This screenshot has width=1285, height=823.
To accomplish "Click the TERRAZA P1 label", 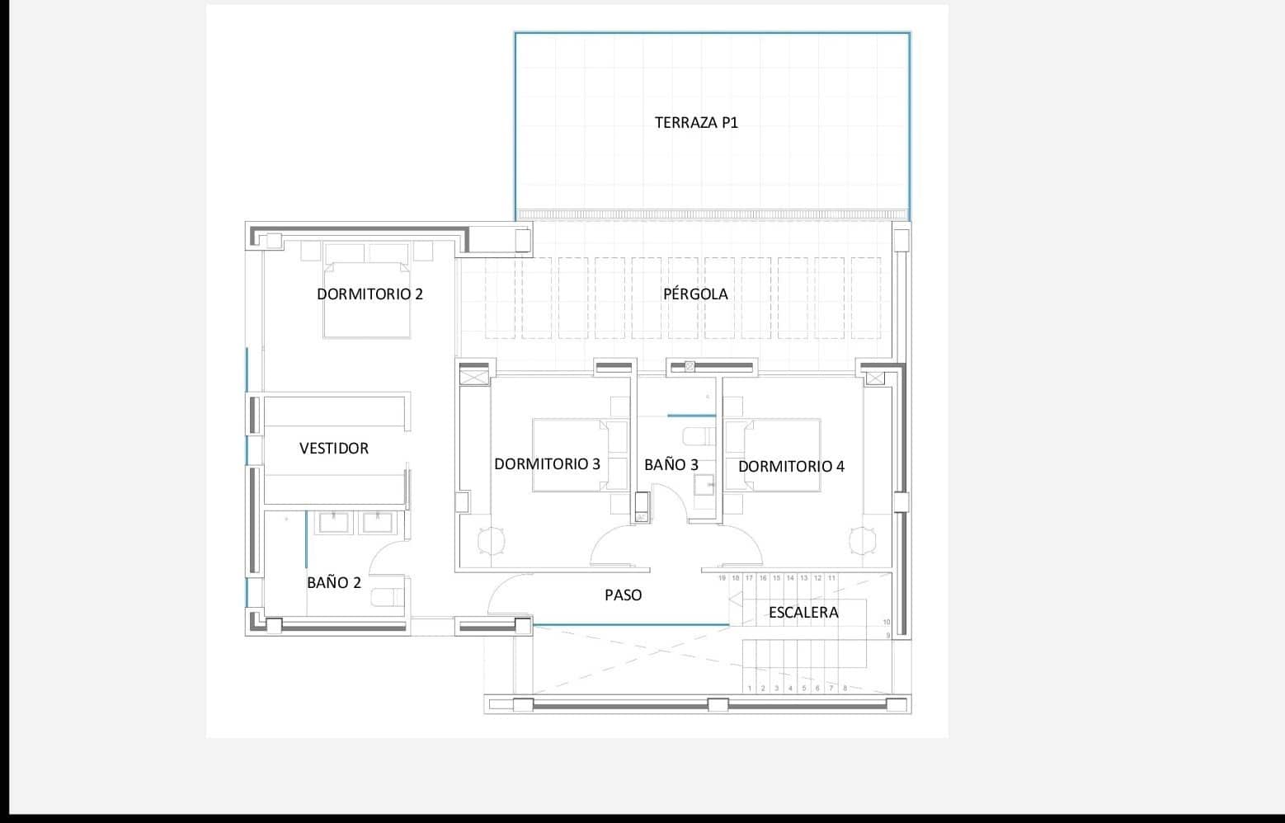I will coord(696,123).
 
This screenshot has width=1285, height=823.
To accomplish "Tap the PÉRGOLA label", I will coord(695,294).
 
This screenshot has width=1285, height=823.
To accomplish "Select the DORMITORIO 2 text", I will coord(369,294).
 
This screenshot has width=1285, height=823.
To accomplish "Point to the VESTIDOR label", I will coord(333,449).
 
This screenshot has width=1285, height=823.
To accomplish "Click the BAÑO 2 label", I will coord(333,582).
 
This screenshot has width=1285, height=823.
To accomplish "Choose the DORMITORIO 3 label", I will coord(547,463).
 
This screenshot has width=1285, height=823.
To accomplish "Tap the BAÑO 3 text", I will coord(671,464).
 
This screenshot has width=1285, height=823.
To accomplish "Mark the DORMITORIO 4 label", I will coord(791,466).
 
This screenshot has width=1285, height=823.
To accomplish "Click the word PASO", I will coord(623,595).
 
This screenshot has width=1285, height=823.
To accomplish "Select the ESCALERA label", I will coord(803,612).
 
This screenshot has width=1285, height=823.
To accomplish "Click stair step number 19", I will coord(722,578).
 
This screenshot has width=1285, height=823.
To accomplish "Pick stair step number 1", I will coord(750,688).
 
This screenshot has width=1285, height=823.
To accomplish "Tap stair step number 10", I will coord(887,622).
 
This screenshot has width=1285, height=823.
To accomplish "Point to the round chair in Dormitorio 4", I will coord(862,540).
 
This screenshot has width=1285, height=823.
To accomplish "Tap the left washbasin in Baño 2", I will coord(336,522).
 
